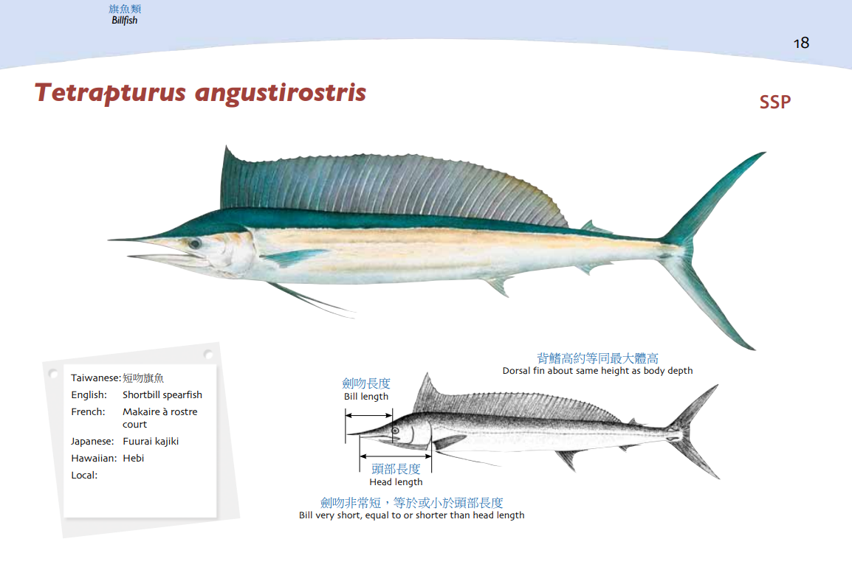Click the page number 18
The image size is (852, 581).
coord(801,43)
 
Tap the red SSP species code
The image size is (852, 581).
coord(774,102)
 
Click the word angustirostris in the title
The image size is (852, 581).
coord(281,93)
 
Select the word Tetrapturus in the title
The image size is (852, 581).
coord(110,93)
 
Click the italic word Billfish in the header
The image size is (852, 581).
coord(125,21)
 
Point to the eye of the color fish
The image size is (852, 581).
coord(194,243)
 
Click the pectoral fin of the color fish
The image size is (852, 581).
coord(295,257)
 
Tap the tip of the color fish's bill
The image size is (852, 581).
coord(108,239)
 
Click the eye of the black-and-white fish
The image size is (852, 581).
coord(396,431)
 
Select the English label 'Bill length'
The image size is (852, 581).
coord(366,397)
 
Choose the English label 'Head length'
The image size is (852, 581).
coord(396,481)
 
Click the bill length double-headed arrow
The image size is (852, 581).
coord(368,416)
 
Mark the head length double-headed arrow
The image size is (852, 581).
coord(396,457)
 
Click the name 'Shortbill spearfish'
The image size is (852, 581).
coord(162,395)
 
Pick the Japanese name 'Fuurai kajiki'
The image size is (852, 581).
coord(151,442)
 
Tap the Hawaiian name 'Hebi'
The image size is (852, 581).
coord(133,459)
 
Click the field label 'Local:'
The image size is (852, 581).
coord(84,476)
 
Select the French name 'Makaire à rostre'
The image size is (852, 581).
coord(159,411)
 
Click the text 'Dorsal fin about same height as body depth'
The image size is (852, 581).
coord(597,371)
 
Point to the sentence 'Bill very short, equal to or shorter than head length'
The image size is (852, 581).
coord(411,515)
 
